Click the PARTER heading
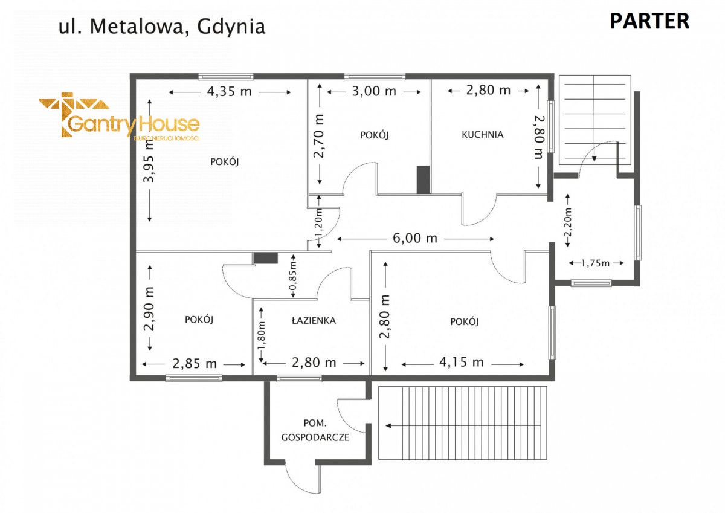pos(649,21)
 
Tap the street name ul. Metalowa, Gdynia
pos(161,27)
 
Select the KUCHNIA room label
pos(482,135)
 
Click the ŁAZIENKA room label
pos(314,321)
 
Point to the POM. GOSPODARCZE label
pos(315,430)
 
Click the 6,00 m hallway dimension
pos(415,238)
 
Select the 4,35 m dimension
pos(229,92)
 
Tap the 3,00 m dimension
pos(374,92)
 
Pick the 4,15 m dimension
pos(462,363)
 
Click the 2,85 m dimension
pos(195,364)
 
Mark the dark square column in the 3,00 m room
pos(423,180)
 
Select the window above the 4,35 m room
pos(226,76)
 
